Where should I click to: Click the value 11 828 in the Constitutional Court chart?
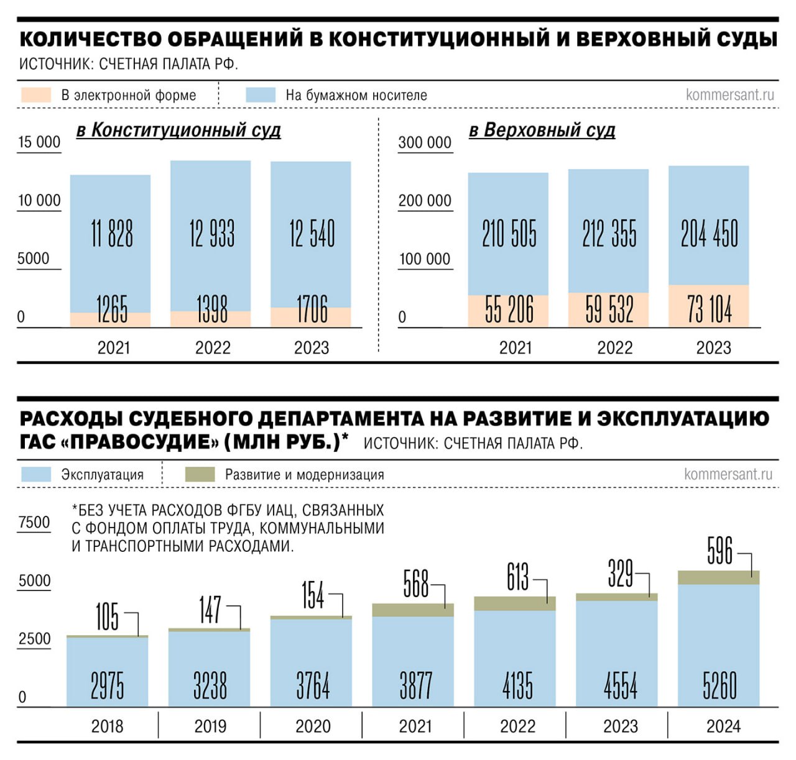point(112,234)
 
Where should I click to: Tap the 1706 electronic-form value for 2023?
point(312,309)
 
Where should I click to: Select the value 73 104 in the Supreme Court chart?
point(709,309)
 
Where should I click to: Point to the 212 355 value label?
point(609,234)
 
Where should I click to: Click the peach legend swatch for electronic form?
point(35,95)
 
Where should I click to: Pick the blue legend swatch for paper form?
point(261,95)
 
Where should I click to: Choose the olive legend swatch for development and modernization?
point(200,475)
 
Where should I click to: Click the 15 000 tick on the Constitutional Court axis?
point(39,142)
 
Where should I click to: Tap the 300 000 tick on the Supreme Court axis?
point(425,143)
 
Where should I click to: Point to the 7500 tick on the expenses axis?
point(34,522)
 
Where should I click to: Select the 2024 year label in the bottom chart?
point(723,726)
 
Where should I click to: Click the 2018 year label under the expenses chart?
point(107,726)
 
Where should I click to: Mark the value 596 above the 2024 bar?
point(720,551)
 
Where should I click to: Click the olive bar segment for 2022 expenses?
point(515,604)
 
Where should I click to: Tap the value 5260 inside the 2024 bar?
point(720,686)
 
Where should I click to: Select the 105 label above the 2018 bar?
point(107,616)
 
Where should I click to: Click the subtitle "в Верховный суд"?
point(542,130)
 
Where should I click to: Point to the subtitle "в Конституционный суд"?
point(178,130)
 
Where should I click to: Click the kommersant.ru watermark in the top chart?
point(729,95)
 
